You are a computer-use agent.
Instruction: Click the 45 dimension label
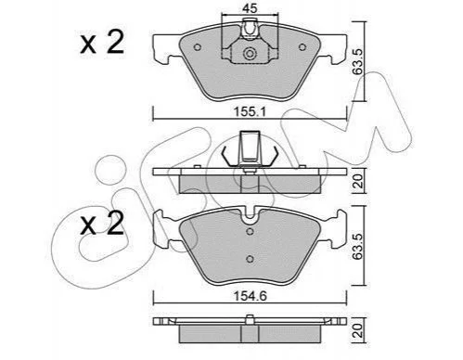pyautogui.click(x=250, y=8)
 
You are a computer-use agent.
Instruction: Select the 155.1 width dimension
pyautogui.click(x=250, y=112)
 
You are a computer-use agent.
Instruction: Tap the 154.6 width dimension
pyautogui.click(x=250, y=296)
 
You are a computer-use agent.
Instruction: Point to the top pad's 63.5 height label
pyautogui.click(x=358, y=61)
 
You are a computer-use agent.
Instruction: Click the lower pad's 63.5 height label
pyautogui.click(x=358, y=246)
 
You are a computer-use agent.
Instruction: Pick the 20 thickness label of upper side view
pyautogui.click(x=358, y=181)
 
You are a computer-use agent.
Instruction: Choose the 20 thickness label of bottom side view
pyautogui.click(x=358, y=330)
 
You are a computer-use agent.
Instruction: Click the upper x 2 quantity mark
pyautogui.click(x=102, y=43)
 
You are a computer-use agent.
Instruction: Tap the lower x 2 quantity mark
pyautogui.click(x=102, y=224)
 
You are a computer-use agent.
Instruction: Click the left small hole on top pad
pyautogui.click(x=198, y=47)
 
